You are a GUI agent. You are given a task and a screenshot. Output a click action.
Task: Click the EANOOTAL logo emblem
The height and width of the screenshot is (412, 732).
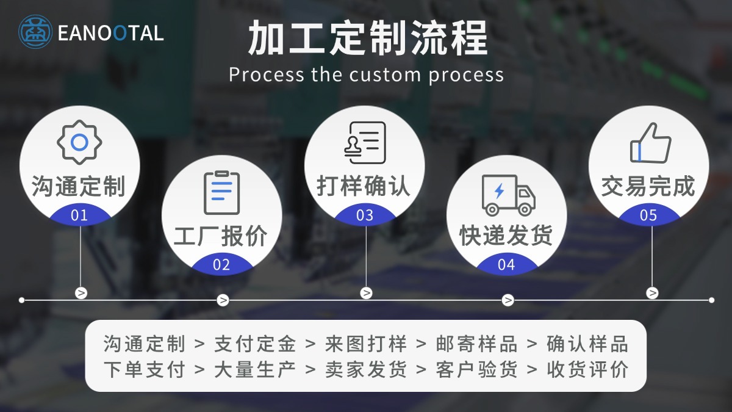pyautogui.click(x=35, y=32)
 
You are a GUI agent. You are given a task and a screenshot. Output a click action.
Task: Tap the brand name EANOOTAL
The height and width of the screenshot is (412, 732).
pyautogui.click(x=110, y=33)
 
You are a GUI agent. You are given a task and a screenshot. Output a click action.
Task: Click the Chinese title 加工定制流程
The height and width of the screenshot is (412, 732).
pyautogui.click(x=367, y=38)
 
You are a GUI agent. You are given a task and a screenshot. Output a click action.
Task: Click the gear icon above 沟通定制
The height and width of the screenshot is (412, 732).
pyautogui.click(x=79, y=142)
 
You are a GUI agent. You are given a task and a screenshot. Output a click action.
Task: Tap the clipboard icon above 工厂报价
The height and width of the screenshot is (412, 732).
pyautogui.click(x=221, y=192)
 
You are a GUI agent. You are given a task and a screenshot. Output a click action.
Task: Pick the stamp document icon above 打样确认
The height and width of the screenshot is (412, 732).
pyautogui.click(x=365, y=143)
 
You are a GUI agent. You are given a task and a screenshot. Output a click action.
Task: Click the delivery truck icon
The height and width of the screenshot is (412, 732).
pyautogui.click(x=508, y=195)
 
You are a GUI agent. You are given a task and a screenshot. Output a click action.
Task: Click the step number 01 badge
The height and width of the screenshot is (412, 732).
pyautogui.click(x=79, y=215)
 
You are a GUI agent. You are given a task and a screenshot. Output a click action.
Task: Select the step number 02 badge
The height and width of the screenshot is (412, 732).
pyautogui.click(x=221, y=265)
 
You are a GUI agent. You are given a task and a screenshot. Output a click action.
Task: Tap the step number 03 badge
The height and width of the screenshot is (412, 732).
pyautogui.click(x=365, y=215)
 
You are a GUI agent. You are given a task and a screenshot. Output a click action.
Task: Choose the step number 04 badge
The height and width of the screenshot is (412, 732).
pyautogui.click(x=506, y=265)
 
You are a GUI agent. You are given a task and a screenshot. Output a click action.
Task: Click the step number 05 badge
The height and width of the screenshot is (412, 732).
pyautogui.click(x=648, y=215)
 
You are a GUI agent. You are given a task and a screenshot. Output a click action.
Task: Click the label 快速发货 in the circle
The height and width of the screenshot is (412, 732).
pyautogui.click(x=506, y=236)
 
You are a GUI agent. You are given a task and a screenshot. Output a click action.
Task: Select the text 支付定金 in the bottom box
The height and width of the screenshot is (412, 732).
pyautogui.click(x=255, y=344)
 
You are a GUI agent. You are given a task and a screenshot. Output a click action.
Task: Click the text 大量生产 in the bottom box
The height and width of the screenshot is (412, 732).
pyautogui.click(x=255, y=369)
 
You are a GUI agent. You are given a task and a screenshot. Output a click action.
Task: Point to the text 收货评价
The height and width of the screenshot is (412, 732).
pyautogui.click(x=587, y=369)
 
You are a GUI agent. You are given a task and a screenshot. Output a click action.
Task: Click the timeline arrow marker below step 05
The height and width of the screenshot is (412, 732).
pyautogui.click(x=652, y=293)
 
